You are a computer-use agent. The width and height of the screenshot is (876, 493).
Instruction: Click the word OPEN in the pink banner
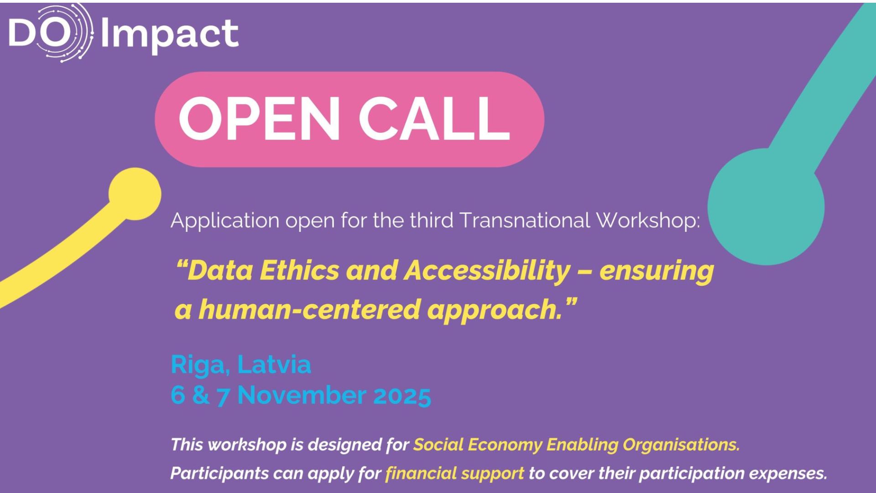(259, 119)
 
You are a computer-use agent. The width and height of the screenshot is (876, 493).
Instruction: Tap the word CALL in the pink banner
(434, 119)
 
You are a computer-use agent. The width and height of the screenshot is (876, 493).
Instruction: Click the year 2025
(402, 395)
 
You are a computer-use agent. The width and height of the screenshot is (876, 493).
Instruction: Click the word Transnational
(524, 220)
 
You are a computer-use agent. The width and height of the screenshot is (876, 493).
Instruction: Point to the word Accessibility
(487, 271)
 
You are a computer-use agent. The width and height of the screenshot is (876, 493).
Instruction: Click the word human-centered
(308, 309)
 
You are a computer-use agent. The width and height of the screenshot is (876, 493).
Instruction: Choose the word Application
(225, 221)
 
